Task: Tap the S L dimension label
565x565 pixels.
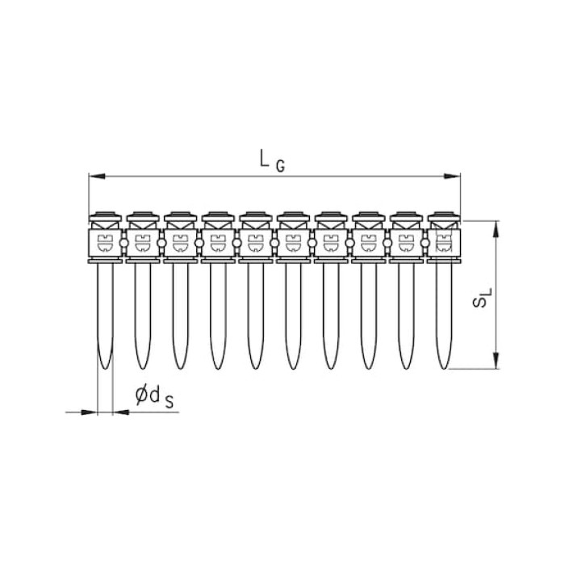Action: tap(481, 296)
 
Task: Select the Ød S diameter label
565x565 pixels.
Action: tap(154, 397)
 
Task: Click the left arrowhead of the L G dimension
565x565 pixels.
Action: tap(97, 176)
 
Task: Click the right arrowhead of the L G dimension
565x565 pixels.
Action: tap(452, 176)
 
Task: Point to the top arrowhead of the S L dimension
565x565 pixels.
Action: tap(496, 228)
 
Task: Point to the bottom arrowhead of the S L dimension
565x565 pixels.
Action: tap(496, 361)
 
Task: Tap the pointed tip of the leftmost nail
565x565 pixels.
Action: tap(105, 368)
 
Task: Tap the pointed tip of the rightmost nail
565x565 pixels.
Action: tap(444, 368)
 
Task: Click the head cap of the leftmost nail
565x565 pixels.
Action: tap(105, 216)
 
